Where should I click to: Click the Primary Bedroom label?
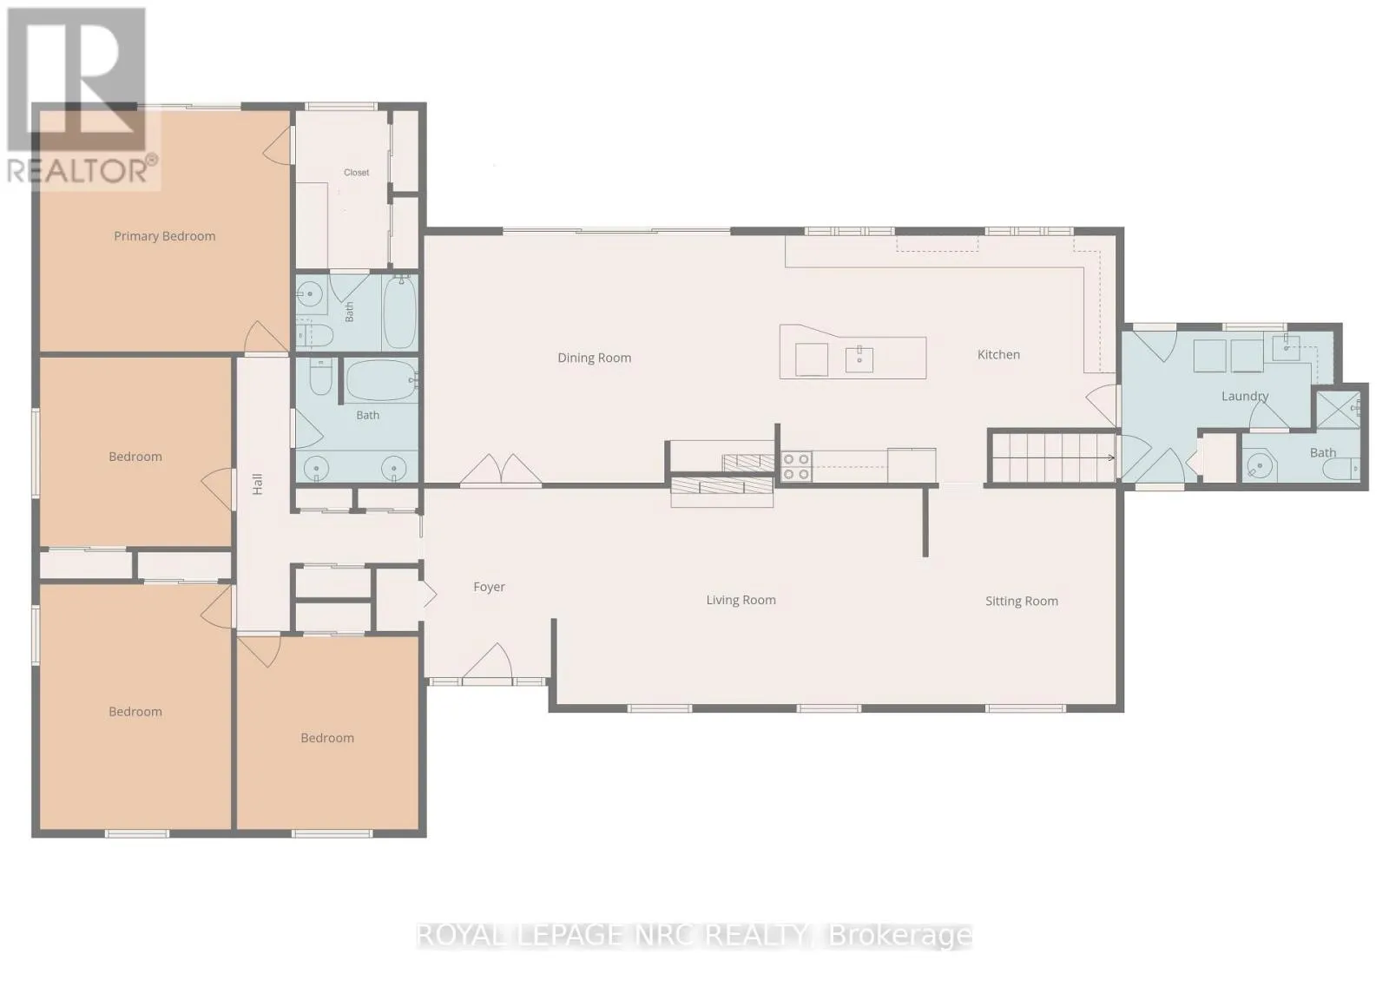(x=164, y=236)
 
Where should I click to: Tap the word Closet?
(x=357, y=173)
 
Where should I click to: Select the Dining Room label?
(x=594, y=358)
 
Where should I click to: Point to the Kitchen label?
(x=998, y=355)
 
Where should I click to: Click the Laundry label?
(x=1245, y=396)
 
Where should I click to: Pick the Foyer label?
(x=489, y=587)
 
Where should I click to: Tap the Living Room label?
(x=741, y=600)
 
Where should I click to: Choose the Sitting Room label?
(x=1021, y=602)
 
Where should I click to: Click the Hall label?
(x=257, y=484)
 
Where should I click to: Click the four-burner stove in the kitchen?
(x=796, y=467)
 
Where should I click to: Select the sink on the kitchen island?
(x=859, y=359)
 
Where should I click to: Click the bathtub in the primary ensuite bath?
(x=399, y=313)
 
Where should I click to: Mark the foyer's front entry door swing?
(x=488, y=661)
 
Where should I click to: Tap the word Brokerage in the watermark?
(x=900, y=935)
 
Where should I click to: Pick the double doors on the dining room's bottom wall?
(x=500, y=470)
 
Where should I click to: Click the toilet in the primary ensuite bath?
(x=314, y=335)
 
